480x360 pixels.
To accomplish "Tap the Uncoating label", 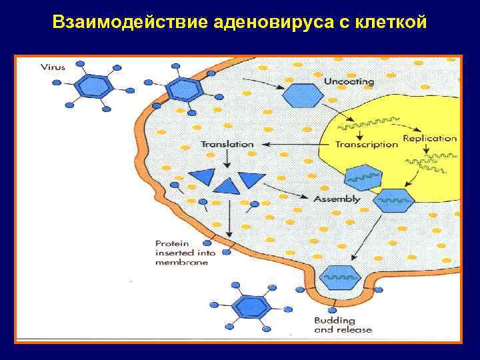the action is point(349,81).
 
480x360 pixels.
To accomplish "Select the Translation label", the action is point(227,143).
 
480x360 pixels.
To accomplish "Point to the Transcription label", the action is point(366,145).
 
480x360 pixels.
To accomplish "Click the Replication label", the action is point(429,139).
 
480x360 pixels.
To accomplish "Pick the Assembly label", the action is point(337,199).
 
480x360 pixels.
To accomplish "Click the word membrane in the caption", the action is point(181,263).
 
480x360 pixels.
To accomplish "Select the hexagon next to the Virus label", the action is point(91,85).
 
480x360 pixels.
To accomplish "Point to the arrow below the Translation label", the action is point(227,158).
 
